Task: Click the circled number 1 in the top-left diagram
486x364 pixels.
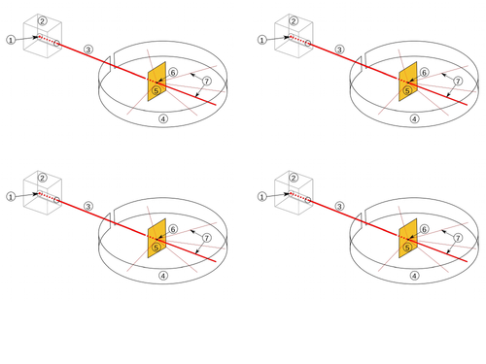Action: pos(11,39)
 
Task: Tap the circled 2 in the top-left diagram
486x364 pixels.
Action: pos(42,19)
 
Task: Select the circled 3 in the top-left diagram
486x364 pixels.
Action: pos(88,49)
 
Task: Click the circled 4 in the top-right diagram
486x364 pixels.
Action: pos(414,120)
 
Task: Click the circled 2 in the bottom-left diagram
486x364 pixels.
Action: pos(42,177)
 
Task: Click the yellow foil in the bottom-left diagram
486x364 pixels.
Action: pos(156,240)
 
